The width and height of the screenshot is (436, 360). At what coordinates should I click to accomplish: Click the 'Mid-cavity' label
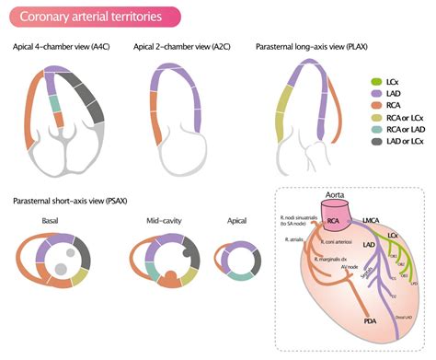(166, 222)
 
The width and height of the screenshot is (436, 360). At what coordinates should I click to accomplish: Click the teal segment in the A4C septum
(55, 103)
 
